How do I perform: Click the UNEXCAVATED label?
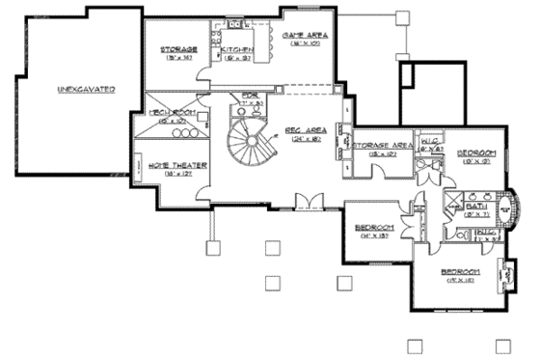(86, 89)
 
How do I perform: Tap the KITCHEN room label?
(236, 48)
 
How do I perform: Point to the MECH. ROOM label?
(173, 112)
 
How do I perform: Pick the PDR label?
(251, 96)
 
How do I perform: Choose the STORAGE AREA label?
(383, 146)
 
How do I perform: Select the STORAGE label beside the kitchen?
(179, 48)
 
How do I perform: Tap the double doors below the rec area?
(310, 200)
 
